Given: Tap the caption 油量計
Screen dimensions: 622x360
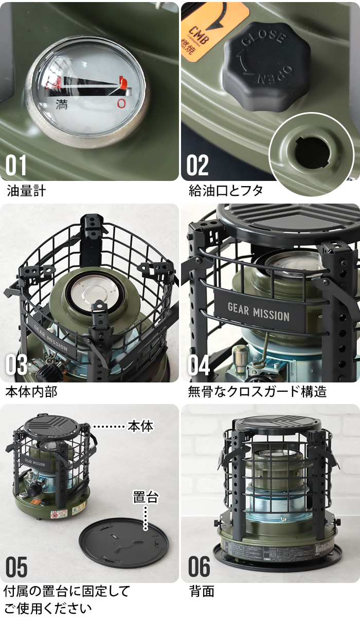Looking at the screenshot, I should pos(26,191).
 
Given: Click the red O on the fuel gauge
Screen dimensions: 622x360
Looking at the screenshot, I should pos(121,103).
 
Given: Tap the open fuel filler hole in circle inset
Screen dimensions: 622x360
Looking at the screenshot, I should pos(312,153).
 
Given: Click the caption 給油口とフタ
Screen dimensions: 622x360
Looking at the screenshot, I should pos(226,191).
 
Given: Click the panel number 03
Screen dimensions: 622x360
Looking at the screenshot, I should pos(16,365).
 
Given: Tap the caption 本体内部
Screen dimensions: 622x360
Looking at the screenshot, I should pos(31,392).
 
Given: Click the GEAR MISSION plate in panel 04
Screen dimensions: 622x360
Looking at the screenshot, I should pos(258,312).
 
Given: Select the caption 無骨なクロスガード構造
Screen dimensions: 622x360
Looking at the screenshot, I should pos(258,392).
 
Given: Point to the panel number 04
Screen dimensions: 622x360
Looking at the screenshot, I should pos(198,365).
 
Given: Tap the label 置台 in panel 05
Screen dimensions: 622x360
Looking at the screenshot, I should pos(146,497).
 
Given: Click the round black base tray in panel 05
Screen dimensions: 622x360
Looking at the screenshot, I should pos(123,542).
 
